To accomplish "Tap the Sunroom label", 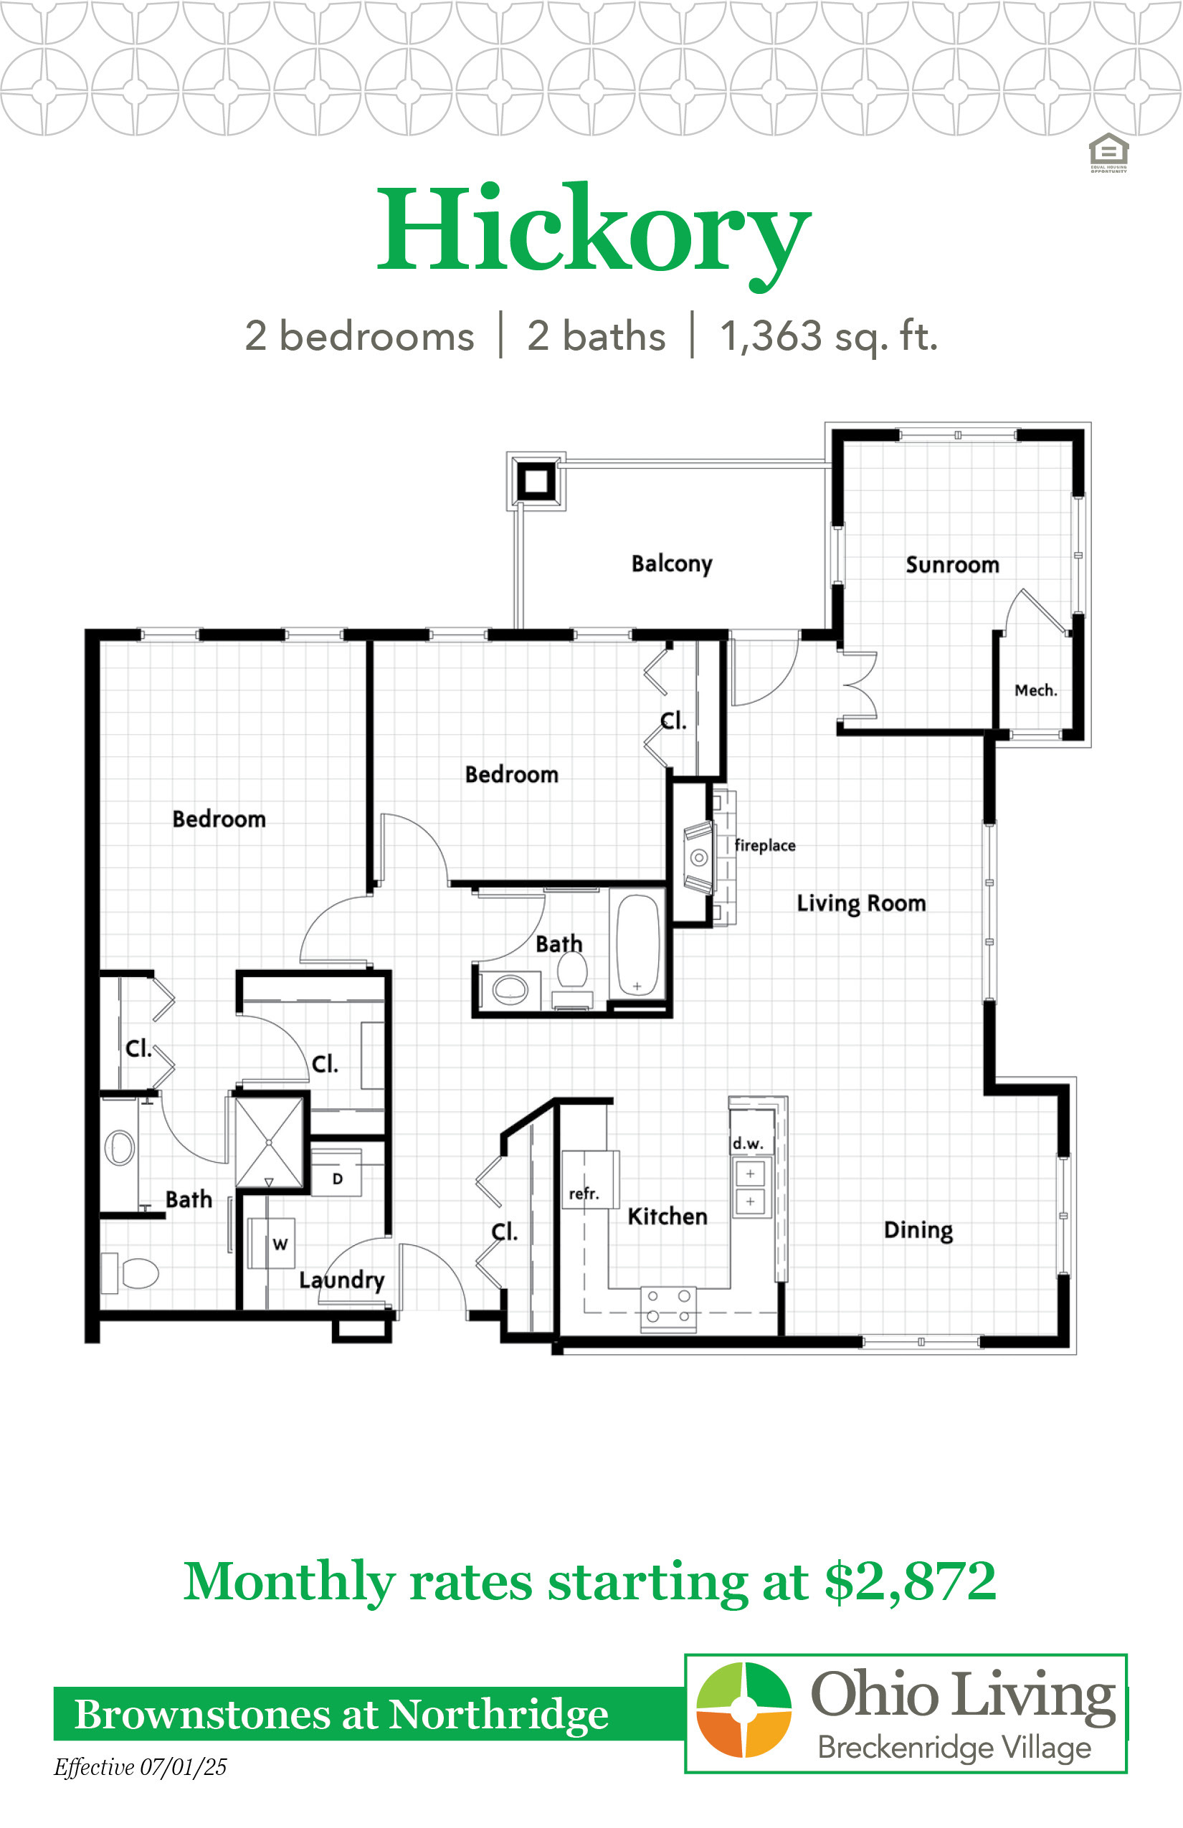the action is [x=953, y=565].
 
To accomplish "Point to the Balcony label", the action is [x=673, y=563].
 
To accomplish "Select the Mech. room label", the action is [x=1036, y=690].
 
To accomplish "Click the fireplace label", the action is [x=765, y=845].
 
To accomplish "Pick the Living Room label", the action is [x=861, y=904].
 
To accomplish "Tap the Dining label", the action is [x=918, y=1230].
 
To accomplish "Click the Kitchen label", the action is [x=667, y=1217].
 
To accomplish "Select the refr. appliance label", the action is [x=584, y=1194].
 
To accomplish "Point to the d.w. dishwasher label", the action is [x=747, y=1143].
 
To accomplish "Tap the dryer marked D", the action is [x=336, y=1174].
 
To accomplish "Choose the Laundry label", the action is [x=342, y=1280].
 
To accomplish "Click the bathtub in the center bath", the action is [x=637, y=946].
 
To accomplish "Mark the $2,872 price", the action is [x=911, y=1582].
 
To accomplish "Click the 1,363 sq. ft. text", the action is [x=829, y=337].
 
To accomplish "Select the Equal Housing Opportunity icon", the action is [x=1108, y=153].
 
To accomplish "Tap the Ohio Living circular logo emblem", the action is [x=743, y=1709].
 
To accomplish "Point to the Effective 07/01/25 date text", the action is [x=140, y=1767].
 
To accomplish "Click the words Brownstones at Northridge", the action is [x=342, y=1715].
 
